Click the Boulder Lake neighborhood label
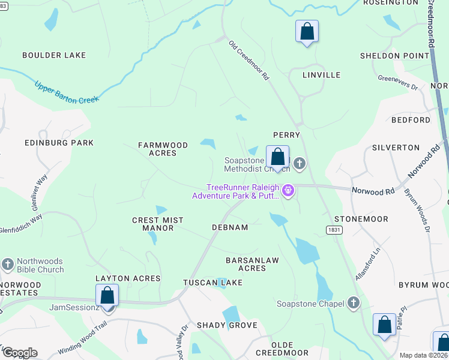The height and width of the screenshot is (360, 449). click(54, 55)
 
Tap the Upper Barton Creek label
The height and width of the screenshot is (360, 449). click(66, 92)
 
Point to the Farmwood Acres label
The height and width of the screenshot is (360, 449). click(163, 149)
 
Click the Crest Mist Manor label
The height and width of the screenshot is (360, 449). click(157, 224)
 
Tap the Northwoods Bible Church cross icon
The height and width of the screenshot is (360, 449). click(8, 264)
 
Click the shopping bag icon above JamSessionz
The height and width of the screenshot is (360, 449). click(107, 295)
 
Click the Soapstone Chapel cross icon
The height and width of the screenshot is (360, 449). click(354, 304)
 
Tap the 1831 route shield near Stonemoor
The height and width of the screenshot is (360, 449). click(334, 230)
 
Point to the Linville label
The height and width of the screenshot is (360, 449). click(321, 75)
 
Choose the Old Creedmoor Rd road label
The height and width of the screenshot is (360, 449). click(249, 61)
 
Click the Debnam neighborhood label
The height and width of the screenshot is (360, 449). click(230, 227)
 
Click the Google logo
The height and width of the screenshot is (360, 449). click(20, 353)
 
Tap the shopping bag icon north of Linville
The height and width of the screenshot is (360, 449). click(307, 31)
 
